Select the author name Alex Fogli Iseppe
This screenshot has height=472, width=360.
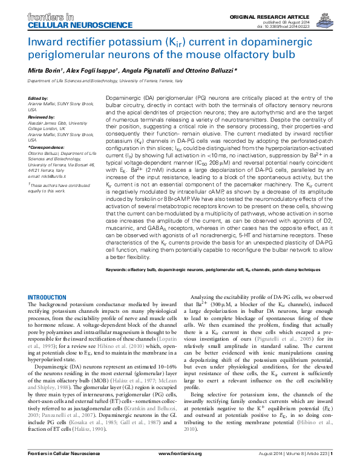click(x=91, y=71)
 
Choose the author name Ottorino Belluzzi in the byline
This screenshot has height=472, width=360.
click(x=203, y=71)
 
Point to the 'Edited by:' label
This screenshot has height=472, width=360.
click(x=38, y=98)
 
